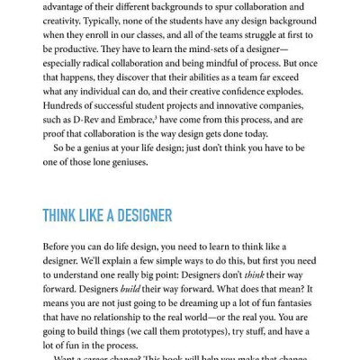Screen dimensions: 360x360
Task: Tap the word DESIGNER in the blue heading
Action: coord(145,216)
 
